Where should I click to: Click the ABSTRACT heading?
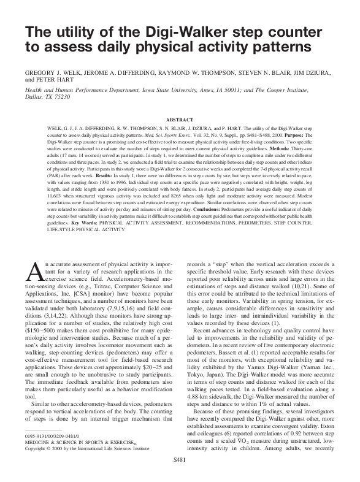pos(180,120)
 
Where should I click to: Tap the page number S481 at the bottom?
pos(180,475)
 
